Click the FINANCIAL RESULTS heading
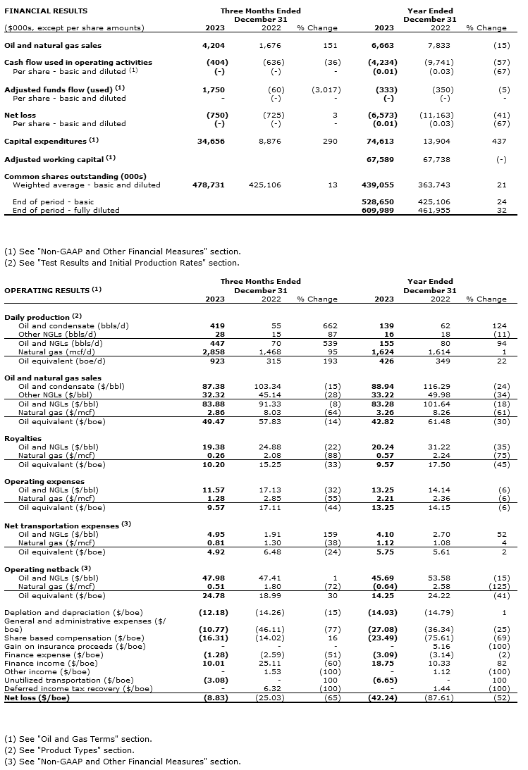pyautogui.click(x=46, y=11)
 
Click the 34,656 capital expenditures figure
pyautogui.click(x=211, y=142)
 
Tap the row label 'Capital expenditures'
pyautogui.click(x=47, y=142)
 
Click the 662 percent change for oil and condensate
pyautogui.click(x=330, y=326)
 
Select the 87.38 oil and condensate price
pyautogui.click(x=214, y=387)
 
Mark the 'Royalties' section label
pyautogui.click(x=23, y=438)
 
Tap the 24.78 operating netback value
pyautogui.click(x=214, y=595)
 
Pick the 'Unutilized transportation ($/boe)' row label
pyautogui.click(x=68, y=680)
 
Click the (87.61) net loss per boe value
pyautogui.click(x=438, y=697)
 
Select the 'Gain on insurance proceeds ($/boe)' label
pyautogui.click(x=75, y=646)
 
